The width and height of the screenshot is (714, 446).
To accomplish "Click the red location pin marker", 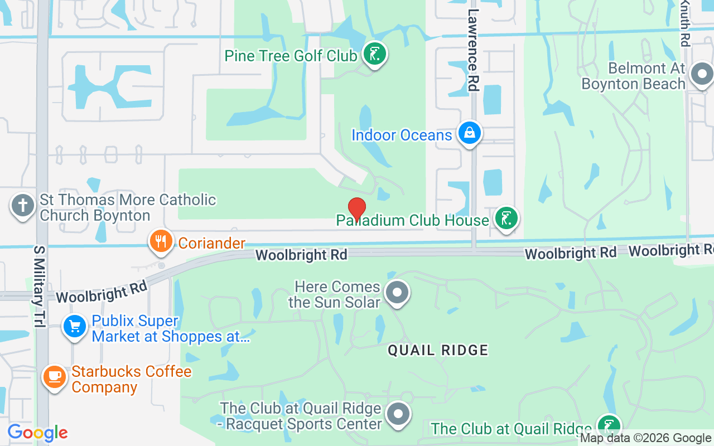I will coord(357,210).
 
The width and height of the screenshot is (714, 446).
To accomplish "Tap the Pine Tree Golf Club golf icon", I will coord(375,55).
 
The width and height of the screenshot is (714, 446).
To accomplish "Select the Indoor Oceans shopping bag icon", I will coord(470,134).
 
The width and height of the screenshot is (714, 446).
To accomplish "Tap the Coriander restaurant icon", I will coord(161,241).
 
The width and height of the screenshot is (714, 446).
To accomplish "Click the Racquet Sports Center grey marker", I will coord(398,414).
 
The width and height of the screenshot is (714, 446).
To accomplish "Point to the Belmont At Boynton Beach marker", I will coord(702,74).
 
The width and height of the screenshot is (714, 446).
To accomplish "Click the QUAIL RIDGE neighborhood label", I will coord(438,350).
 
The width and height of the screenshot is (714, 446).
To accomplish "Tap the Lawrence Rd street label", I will coord(474,50).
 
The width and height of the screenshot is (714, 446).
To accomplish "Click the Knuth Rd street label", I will coord(685,23).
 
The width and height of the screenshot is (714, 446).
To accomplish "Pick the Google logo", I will coord(37,433).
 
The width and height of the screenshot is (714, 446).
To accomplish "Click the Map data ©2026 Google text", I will coord(646,438).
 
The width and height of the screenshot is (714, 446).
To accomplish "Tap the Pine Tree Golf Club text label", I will coord(291,56).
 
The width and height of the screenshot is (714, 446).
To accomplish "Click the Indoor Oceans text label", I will coord(402,135).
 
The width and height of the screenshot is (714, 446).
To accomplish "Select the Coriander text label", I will coord(212,243).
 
